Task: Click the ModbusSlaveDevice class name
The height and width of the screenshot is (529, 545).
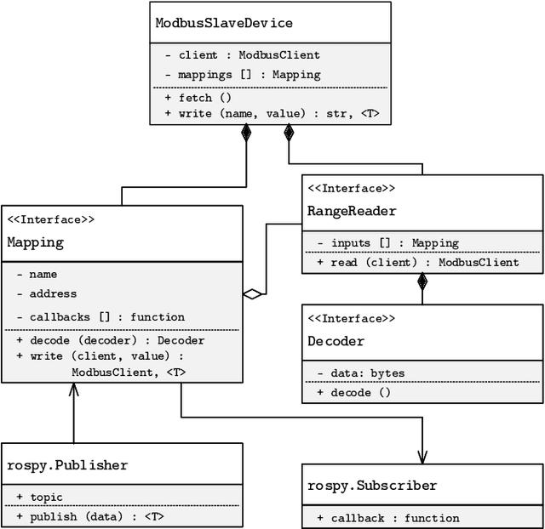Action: pyautogui.click(x=223, y=23)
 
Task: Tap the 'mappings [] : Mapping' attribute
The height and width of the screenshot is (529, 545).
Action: pyautogui.click(x=243, y=74)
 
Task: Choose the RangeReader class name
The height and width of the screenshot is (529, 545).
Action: pyautogui.click(x=352, y=210)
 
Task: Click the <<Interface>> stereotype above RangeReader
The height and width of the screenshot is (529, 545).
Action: pyautogui.click(x=351, y=188)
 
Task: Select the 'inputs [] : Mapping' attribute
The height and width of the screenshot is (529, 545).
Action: pyautogui.click(x=387, y=243)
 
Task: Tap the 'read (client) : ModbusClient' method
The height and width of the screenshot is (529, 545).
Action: pyautogui.click(x=417, y=262)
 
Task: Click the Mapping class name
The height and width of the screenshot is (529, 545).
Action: pyautogui.click(x=36, y=242)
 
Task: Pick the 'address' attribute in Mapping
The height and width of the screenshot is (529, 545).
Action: pyautogui.click(x=53, y=293)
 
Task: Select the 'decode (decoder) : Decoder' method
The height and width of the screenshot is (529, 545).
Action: pyautogui.click(x=110, y=340)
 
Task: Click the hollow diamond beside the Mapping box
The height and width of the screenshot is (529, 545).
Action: pyautogui.click(x=252, y=294)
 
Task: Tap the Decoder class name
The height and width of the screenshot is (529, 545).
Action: pyautogui.click(x=336, y=341)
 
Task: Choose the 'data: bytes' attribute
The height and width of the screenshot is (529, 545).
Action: pyautogui.click(x=361, y=373)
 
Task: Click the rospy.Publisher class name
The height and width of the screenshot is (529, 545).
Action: pyautogui.click(x=67, y=464)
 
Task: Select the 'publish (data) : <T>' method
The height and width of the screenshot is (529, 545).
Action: pyautogui.click(x=95, y=515)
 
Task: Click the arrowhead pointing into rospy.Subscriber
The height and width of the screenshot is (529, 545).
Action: pyautogui.click(x=422, y=456)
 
